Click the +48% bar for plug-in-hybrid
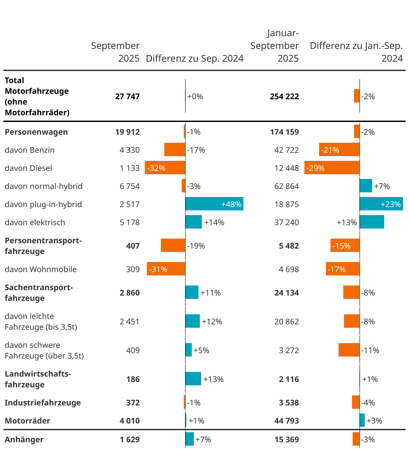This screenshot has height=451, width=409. click(214, 204)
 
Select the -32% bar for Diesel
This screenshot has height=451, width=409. click(165, 168)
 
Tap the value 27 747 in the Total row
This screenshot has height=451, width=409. click(127, 96)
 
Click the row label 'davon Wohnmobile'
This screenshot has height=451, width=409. click(41, 269)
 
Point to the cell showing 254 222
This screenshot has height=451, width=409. click(284, 96)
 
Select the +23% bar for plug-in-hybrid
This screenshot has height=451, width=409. click(381, 204)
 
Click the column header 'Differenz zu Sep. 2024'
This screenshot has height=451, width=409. click(195, 58)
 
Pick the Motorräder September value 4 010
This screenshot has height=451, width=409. click(130, 421)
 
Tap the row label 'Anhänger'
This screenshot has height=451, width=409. click(24, 440)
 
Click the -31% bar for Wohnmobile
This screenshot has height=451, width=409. click(166, 269)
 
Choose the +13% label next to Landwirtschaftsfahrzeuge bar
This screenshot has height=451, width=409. click(214, 379)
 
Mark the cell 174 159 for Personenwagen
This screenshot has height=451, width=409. click(284, 132)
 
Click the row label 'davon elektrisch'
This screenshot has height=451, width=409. click(35, 222)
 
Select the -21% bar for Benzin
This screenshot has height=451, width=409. click(339, 149)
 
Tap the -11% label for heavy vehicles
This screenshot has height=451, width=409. click(370, 350)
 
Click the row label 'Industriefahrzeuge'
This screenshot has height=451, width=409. click(43, 403)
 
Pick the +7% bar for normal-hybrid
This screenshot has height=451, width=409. click(366, 186)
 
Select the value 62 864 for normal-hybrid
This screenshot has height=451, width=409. click(287, 186)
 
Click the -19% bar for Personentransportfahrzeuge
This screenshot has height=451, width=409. click(173, 245)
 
